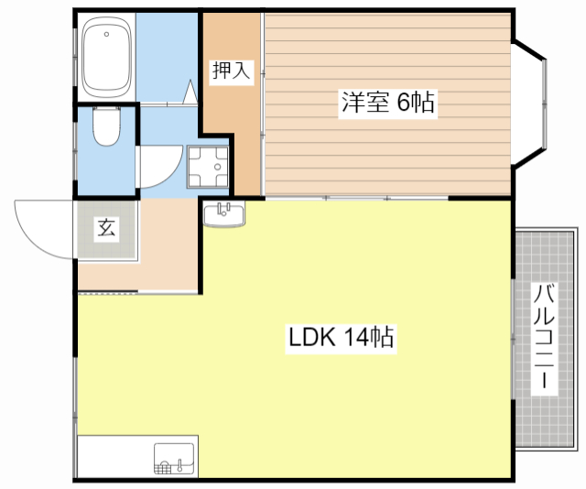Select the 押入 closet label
coord(231,71)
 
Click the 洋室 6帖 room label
coord(387,103)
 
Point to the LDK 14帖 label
coord(341,338)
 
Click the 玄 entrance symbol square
coord(106,229)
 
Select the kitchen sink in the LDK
coord(174,458)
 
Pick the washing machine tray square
coord(209,166)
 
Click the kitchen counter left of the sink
coord(114,457)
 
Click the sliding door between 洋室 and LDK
coord(357,198)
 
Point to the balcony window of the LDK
coord(512,339)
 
